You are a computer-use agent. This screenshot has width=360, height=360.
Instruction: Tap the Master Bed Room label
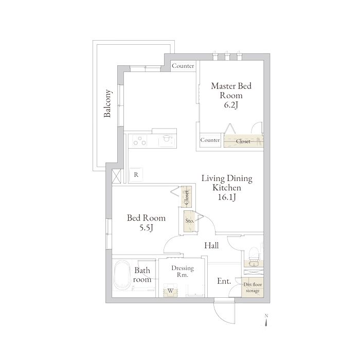coord(231,91)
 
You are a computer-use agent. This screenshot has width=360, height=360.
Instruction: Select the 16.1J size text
coord(227,197)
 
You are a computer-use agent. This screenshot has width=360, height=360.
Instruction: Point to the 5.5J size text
coord(146,227)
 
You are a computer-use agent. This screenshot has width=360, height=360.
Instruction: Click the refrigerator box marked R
coord(136,175)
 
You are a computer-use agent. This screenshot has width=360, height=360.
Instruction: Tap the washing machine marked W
coord(170,291)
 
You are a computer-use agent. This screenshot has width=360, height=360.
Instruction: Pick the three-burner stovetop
coord(139,140)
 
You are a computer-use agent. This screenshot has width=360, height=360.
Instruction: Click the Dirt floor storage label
coord(253,287)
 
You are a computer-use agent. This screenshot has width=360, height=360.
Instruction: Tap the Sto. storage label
coord(190,221)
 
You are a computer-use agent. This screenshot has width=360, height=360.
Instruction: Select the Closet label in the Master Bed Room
coord(243,141)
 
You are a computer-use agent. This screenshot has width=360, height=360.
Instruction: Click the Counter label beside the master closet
coord(210,140)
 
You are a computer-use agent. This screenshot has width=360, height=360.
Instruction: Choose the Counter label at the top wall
coord(183,66)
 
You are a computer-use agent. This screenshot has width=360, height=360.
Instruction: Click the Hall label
coord(211,245)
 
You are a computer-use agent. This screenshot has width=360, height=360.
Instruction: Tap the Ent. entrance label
coord(224,281)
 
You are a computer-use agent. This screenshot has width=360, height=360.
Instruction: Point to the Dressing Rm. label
coord(183,271)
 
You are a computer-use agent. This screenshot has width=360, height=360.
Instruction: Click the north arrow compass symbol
coord(266,320)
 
